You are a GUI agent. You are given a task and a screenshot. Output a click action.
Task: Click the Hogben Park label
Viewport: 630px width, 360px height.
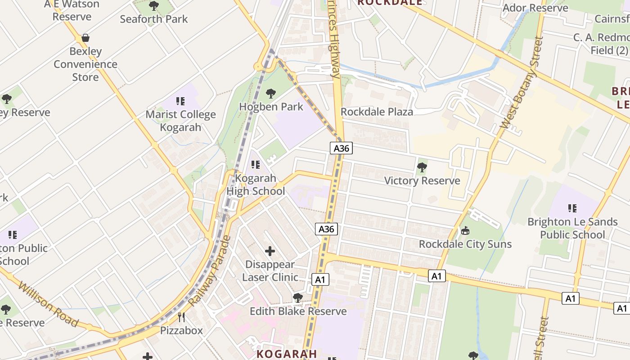271,107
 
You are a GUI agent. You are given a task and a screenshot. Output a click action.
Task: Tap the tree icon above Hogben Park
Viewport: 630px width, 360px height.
271,94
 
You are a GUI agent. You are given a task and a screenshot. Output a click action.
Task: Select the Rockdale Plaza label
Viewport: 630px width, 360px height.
377,112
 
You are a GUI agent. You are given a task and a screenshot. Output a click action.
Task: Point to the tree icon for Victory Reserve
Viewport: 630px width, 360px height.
422,168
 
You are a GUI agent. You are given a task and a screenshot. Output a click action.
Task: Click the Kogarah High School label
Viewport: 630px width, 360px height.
256,184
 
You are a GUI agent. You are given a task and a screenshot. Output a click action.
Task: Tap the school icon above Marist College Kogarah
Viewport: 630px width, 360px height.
180,101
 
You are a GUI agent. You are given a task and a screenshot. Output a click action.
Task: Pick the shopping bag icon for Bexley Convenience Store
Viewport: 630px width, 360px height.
85,38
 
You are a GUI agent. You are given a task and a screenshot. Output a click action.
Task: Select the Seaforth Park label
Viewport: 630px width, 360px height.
154,19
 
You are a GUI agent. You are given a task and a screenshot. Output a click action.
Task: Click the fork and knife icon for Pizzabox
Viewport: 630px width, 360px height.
181,317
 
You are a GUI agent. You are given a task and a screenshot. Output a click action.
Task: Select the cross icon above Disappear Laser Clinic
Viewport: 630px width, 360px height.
270,251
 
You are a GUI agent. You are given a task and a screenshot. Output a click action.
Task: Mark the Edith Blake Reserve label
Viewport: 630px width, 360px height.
298,311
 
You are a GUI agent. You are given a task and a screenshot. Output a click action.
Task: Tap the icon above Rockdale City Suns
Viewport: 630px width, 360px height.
465,231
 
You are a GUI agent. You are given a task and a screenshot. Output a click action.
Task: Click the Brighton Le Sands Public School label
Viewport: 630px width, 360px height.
572,228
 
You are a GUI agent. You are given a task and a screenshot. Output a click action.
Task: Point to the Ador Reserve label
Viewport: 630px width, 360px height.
535,8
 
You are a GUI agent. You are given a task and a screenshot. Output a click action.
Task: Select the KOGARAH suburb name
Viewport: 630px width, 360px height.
287,354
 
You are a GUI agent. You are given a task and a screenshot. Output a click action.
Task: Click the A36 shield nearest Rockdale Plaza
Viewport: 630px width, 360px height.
341,148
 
